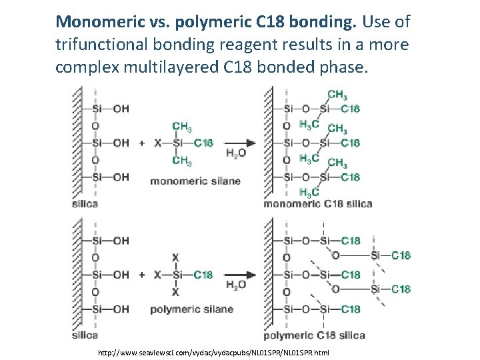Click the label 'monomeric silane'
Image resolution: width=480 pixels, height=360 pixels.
[x=195, y=181]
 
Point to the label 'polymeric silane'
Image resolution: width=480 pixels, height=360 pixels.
[x=191, y=309]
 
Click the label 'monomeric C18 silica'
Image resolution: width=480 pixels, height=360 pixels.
[x=317, y=203]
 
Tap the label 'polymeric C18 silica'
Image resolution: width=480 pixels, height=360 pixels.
[x=314, y=335]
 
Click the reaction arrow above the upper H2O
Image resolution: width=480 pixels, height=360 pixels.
[x=240, y=143]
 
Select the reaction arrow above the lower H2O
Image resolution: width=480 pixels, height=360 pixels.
[x=240, y=275]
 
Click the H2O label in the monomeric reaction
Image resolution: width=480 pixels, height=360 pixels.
[x=236, y=153]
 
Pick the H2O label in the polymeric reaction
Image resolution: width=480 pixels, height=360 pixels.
[x=236, y=285]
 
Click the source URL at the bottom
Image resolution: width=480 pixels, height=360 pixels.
[x=213, y=351]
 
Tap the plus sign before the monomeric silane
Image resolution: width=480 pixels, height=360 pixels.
[x=141, y=143]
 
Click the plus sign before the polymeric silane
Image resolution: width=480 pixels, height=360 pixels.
[x=141, y=275]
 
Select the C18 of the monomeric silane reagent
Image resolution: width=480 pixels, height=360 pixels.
[x=203, y=143]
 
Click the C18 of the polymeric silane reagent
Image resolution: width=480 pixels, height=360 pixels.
[x=203, y=275]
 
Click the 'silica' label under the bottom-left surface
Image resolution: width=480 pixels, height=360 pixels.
[x=85, y=335]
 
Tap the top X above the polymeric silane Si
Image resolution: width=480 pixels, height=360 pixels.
[x=175, y=257]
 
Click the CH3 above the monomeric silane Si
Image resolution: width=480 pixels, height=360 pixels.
[x=181, y=126]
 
